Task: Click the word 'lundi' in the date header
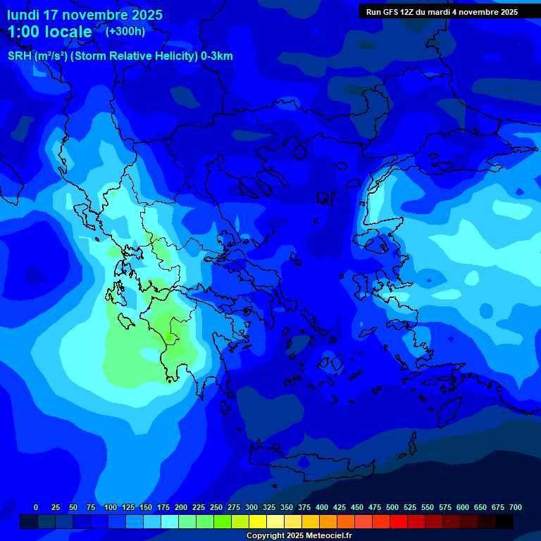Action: click(x=23, y=15)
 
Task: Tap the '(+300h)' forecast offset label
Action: click(x=125, y=31)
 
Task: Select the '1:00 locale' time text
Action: click(x=50, y=32)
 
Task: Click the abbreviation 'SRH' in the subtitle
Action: click(x=20, y=56)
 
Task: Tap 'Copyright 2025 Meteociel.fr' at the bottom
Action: click(x=299, y=536)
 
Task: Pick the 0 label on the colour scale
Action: click(x=36, y=507)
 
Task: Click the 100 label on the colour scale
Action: click(x=110, y=507)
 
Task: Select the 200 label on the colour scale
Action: click(x=181, y=507)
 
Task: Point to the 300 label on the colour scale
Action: click(x=251, y=507)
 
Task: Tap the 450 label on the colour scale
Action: click(x=357, y=507)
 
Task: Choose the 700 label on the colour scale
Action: click(x=515, y=507)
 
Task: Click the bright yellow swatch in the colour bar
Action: click(x=258, y=521)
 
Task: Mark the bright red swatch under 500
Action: click(x=399, y=521)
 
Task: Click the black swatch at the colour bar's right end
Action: click(x=504, y=521)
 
